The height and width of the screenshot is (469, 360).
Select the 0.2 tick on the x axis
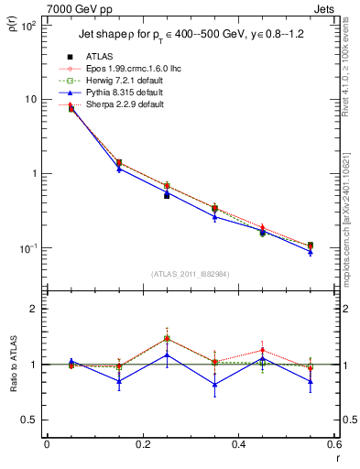142,444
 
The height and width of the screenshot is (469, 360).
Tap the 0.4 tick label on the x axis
238,444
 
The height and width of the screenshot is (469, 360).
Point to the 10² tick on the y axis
29,25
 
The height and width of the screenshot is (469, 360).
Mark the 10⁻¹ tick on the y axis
29,248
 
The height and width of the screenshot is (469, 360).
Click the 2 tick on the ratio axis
34,310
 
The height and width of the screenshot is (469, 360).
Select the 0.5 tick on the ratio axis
30,420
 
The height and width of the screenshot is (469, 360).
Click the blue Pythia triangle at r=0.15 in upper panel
119,169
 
